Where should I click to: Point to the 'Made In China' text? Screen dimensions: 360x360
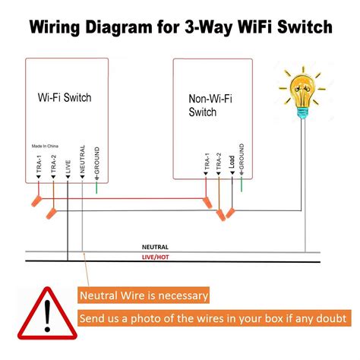[49, 146]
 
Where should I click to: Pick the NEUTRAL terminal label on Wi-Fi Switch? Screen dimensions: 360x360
[82, 162]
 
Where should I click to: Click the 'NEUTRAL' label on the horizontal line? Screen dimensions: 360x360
[156, 247]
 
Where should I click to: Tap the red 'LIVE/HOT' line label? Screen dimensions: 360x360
[156, 259]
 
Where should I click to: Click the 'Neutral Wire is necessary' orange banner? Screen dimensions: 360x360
[144, 295]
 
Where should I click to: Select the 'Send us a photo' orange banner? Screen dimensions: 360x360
[213, 318]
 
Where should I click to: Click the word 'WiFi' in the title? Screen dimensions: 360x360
[251, 29]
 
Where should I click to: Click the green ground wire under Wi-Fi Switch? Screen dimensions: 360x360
[97, 187]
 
